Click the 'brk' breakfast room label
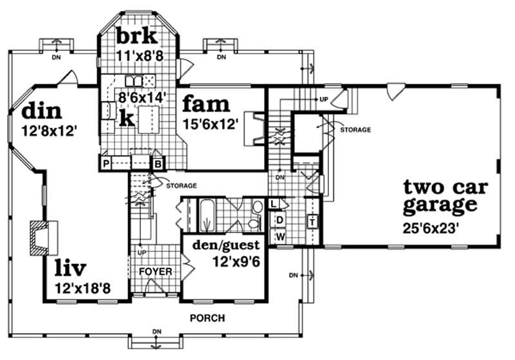(x=136, y=36)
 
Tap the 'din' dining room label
(x=42, y=111)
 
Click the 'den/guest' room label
(x=222, y=245)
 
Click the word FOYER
(x=156, y=272)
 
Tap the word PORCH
(x=207, y=318)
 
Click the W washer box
(x=280, y=236)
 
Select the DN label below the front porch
(x=156, y=332)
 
